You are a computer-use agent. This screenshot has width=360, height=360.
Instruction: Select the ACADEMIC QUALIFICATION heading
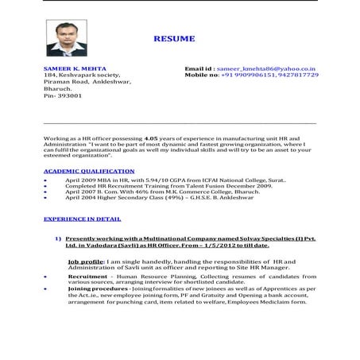pyautogui.click(x=89, y=171)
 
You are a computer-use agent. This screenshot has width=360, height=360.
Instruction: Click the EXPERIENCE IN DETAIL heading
pyautogui.click(x=83, y=218)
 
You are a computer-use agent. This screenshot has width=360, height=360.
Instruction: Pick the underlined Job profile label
pyautogui.click(x=86, y=261)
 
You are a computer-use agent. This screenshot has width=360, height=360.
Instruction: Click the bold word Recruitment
pyautogui.click(x=88, y=276)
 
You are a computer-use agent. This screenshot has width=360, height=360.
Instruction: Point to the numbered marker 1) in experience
pyautogui.click(x=59, y=238)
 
